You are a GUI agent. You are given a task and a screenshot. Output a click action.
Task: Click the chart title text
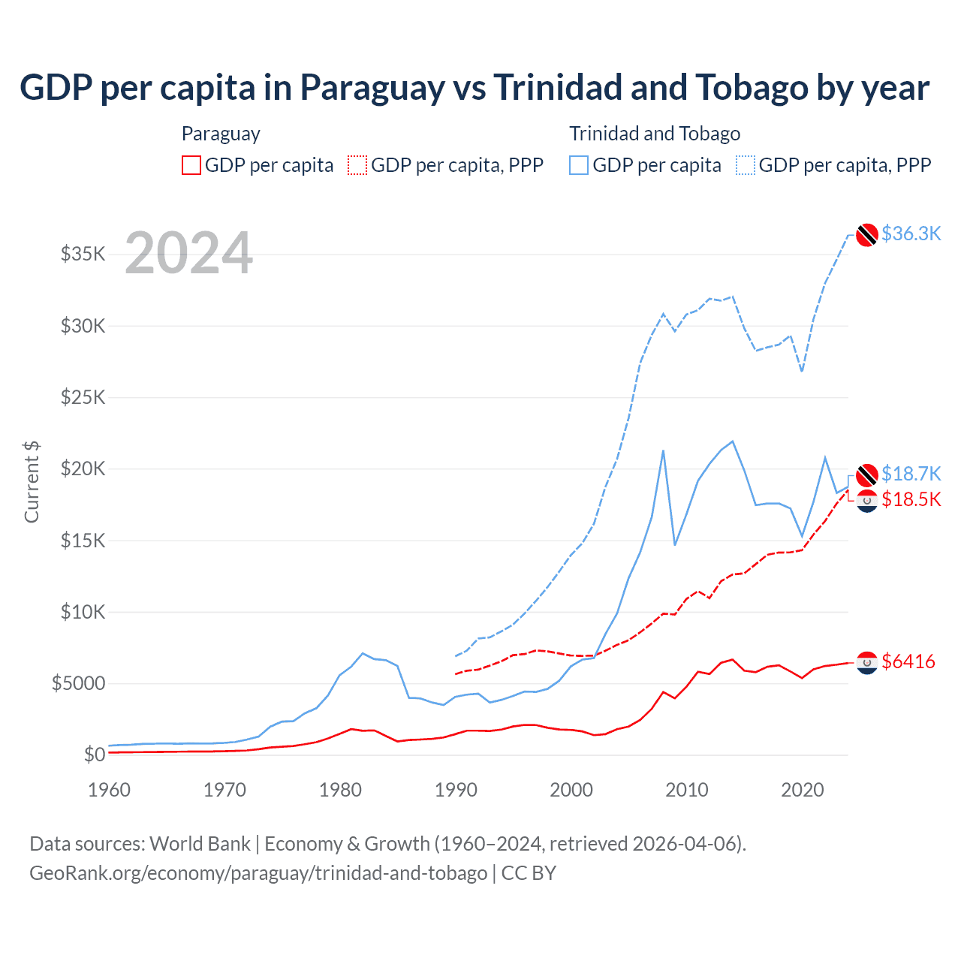point(474,88)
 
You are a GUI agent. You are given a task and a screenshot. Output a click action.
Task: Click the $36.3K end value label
point(911,233)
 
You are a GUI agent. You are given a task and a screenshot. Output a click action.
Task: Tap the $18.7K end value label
point(911,474)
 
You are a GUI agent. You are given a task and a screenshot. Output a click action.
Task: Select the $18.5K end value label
point(911,499)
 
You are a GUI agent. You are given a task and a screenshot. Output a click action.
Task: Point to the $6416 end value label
point(908,661)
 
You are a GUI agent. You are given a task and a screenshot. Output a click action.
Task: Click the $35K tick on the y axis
point(83,254)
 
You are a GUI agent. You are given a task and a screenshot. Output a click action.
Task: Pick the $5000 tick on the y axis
point(78,683)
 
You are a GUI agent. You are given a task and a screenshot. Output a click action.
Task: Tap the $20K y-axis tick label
point(83,468)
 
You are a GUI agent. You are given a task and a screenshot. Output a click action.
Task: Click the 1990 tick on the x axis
point(456,790)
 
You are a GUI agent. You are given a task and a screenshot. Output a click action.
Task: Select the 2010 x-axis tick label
point(687,790)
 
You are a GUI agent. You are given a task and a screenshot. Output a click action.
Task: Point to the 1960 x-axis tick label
point(110,790)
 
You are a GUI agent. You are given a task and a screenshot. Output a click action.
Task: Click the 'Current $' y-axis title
point(32,482)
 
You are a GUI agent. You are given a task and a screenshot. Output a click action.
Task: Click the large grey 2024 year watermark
point(188,253)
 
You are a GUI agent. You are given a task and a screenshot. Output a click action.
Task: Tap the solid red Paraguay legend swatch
point(191,165)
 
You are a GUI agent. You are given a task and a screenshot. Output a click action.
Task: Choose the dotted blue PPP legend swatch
point(746,165)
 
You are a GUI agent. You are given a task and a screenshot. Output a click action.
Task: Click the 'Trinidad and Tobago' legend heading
point(655,134)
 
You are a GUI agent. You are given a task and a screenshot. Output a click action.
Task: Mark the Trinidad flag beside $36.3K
point(867,235)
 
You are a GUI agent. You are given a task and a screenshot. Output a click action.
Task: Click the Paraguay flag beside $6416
point(867,662)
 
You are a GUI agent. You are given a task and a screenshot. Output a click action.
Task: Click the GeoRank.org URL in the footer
point(258,873)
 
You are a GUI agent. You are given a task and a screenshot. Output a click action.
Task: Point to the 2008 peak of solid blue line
point(663,450)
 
